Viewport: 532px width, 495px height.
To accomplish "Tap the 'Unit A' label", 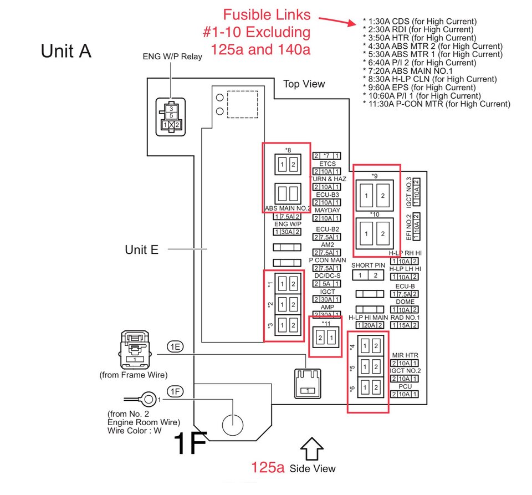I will (66, 51).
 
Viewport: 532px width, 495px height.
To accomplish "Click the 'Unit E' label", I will (141, 249).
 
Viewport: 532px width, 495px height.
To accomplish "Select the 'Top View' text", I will (304, 84).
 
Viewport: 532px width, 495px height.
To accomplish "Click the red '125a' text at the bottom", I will (268, 467).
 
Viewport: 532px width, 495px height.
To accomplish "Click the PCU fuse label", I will (405, 386).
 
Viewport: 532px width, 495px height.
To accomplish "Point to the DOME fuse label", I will (405, 302).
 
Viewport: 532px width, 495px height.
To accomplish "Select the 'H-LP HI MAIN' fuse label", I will (369, 318).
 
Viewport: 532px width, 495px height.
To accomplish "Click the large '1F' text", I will (190, 443).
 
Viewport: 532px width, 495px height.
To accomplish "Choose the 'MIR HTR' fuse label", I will (405, 355).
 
